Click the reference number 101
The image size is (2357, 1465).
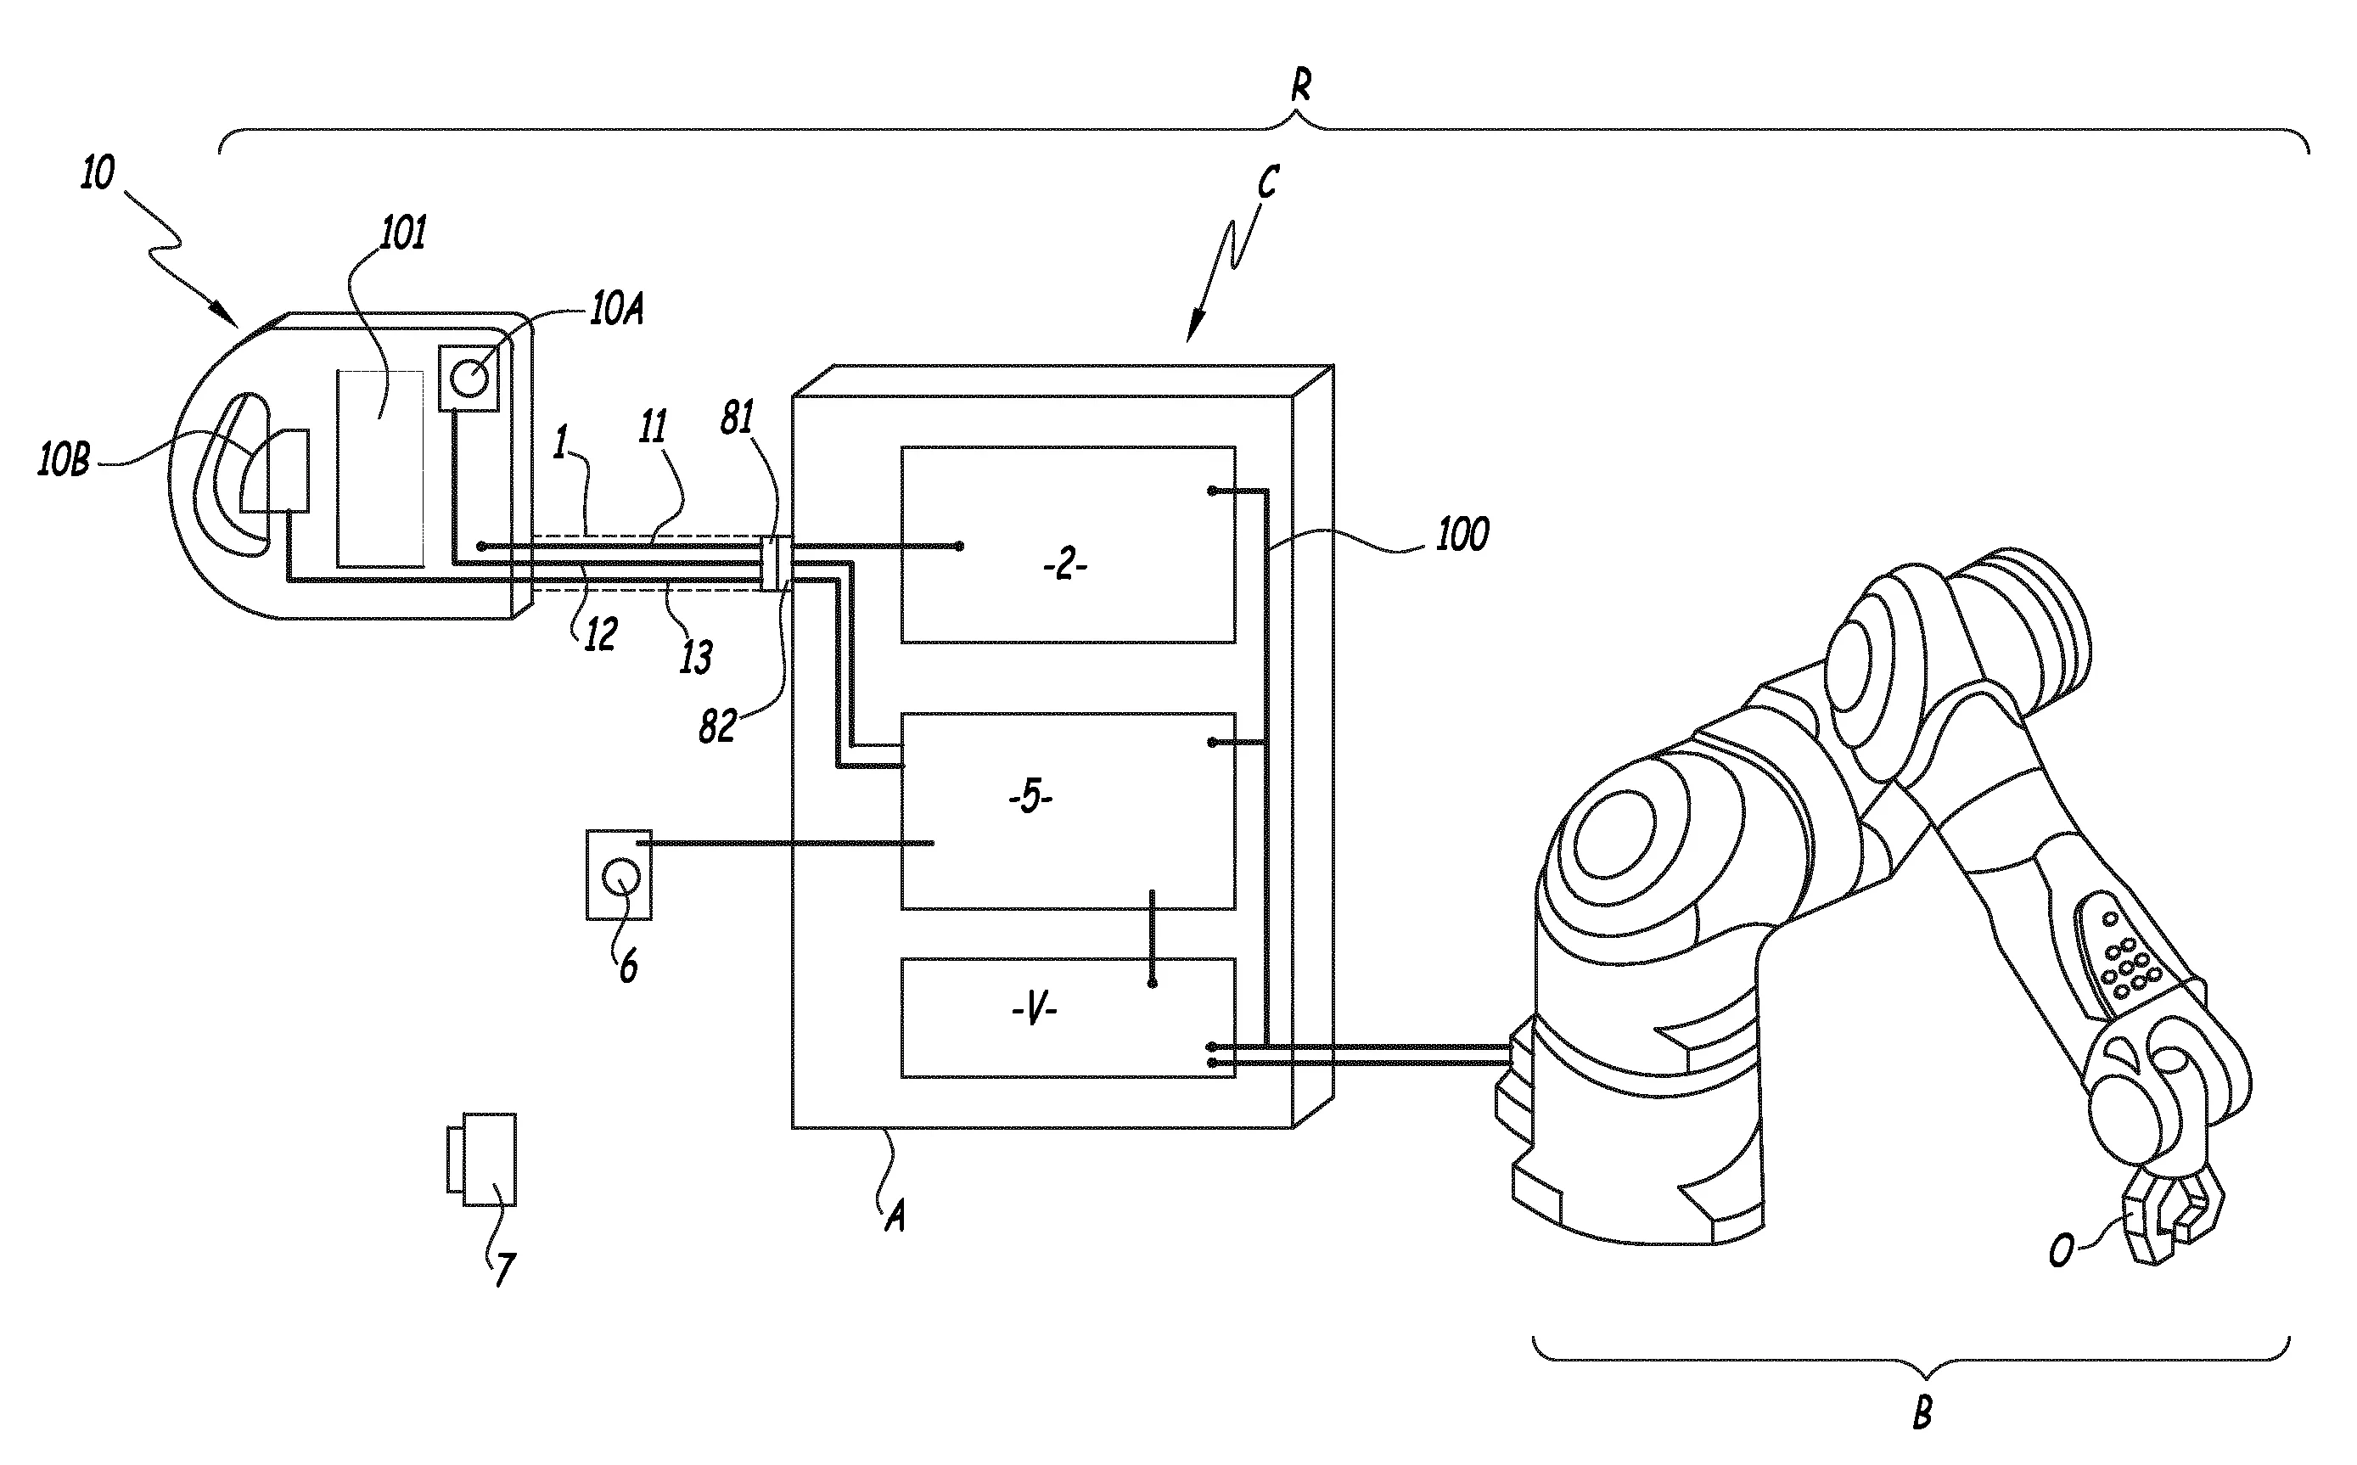click(402, 233)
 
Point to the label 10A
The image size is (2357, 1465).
click(617, 311)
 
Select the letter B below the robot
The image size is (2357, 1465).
click(1922, 1412)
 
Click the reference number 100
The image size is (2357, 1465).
click(1461, 535)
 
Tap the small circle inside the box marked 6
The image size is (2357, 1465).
click(620, 878)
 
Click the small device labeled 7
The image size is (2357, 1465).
click(482, 1159)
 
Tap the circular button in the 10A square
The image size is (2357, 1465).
click(470, 378)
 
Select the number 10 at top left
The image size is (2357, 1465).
click(97, 172)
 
